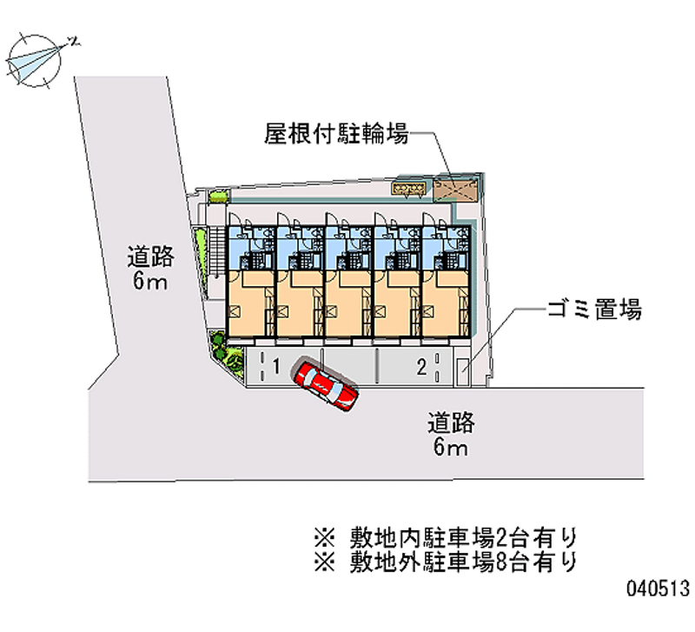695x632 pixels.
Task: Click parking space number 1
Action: (275, 368)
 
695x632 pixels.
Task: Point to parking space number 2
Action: (420, 368)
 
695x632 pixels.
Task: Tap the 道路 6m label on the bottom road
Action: (451, 435)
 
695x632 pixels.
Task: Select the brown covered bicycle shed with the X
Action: (457, 187)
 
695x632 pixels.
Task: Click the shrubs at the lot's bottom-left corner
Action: (227, 353)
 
